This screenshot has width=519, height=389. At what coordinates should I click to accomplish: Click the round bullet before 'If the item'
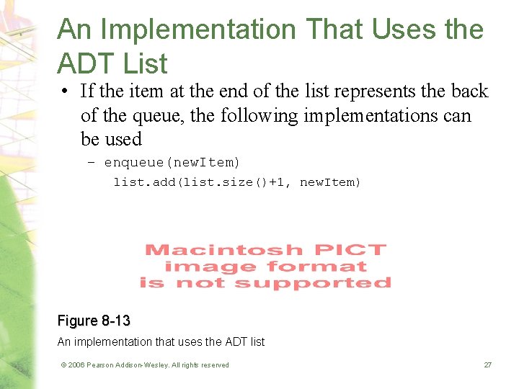pyautogui.click(x=65, y=91)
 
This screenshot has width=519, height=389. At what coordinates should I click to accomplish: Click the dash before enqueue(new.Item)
pyautogui.click(x=90, y=161)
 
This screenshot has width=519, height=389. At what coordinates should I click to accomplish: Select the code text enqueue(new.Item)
pyautogui.click(x=172, y=161)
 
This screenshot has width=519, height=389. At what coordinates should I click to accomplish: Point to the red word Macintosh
pyautogui.click(x=223, y=250)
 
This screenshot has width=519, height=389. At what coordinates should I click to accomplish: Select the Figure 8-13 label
pyautogui.click(x=94, y=321)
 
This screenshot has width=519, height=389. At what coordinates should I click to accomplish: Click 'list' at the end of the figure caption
pyautogui.click(x=255, y=341)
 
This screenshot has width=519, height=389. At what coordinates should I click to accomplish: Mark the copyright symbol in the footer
pyautogui.click(x=63, y=365)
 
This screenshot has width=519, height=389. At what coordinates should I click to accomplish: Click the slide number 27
pyautogui.click(x=487, y=365)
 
